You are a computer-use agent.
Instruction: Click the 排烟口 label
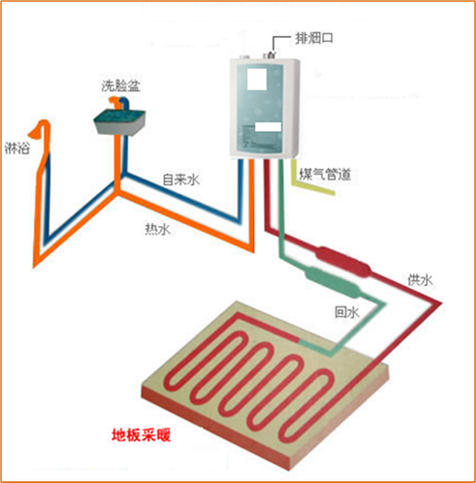tap(314, 38)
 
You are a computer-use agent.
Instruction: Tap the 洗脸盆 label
tap(121, 85)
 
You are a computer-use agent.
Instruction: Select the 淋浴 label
tap(17, 147)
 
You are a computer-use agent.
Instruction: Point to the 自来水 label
tap(181, 179)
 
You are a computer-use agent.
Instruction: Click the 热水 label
tap(157, 229)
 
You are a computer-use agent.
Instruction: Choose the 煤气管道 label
tap(325, 174)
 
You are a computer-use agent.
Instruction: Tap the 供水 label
tap(421, 280)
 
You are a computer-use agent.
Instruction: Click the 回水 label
tap(347, 312)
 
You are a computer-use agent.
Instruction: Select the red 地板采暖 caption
tap(141, 435)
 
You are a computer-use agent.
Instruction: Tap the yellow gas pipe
tap(311, 181)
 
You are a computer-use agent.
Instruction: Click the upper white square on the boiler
tap(257, 80)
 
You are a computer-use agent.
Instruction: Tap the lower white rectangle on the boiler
tap(268, 127)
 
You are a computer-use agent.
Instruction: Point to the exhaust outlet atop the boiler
tap(269, 56)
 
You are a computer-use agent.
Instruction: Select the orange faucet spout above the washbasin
tap(115, 102)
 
